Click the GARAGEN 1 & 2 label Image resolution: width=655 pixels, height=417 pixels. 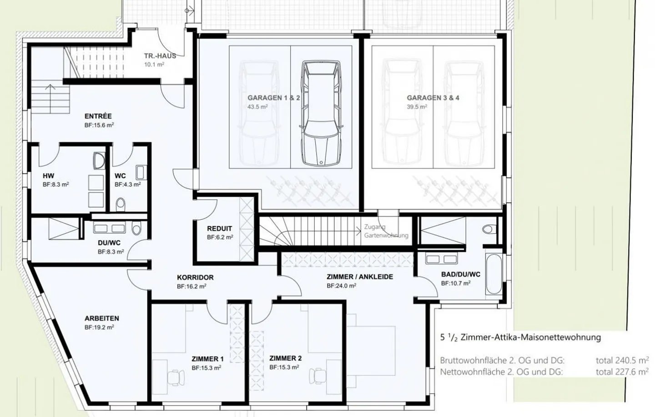pos(273,98)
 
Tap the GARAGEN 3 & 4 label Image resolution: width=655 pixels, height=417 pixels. pos(433,98)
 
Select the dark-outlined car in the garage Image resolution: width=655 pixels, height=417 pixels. pos(321,114)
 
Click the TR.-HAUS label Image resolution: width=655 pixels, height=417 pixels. pos(160,56)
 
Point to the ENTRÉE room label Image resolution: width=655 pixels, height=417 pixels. pos(98,116)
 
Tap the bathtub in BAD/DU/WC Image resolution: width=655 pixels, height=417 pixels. pos(493,274)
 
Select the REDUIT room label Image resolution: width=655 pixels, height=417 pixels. pos(220,228)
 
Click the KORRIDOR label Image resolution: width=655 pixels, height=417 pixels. pos(195,277)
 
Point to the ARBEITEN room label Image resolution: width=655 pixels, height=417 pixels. pos(102,318)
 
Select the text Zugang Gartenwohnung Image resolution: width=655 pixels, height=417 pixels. pos(386,231)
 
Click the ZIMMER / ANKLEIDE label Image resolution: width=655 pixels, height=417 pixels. pos(359,276)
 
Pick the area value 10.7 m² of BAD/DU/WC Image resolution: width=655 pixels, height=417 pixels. pos(456,283)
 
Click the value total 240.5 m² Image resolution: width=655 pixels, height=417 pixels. pos(622,360)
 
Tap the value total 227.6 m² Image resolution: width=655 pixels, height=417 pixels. pos(622,372)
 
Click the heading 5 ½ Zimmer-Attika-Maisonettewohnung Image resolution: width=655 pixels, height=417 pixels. pos(520,337)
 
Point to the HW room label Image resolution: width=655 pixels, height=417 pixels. pos(48,176)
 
